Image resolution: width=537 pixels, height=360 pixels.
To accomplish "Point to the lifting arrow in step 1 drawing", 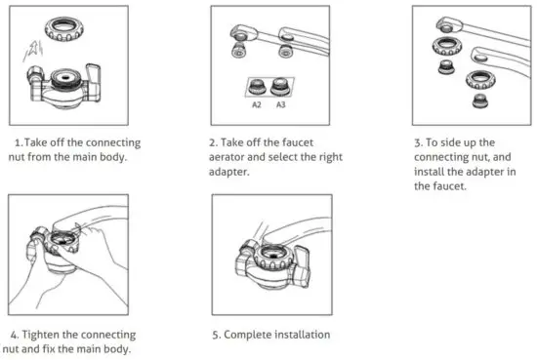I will [35, 43].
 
